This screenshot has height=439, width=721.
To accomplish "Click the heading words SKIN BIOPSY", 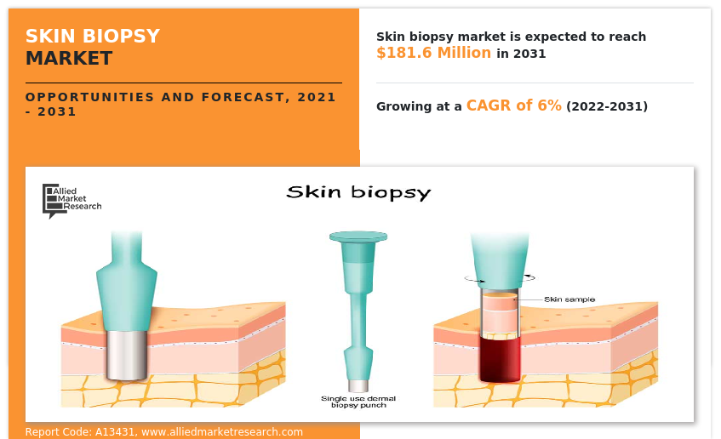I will pos(92,36).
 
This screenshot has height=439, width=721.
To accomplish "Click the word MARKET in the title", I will pos(68,59).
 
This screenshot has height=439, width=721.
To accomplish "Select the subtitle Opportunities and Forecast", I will pos(180,97).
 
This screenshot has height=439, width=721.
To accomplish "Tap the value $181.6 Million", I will pos(433,53).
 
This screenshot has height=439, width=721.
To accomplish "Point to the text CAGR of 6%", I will pos(513,105).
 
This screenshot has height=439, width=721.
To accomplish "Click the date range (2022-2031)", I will pos(607,106).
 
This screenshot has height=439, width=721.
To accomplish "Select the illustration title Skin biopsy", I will pos(358,192).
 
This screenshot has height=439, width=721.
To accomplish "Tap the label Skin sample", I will pos(569,299).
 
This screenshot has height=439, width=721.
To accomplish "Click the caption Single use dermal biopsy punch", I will pos(358,402).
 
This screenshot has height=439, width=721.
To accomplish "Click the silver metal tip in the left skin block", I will pos(126,354).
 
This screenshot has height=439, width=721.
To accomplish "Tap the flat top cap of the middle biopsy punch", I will pos(358,236).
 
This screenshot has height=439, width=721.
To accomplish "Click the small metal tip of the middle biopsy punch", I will pos(358,385).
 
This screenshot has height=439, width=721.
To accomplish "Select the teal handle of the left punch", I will pos(127,281).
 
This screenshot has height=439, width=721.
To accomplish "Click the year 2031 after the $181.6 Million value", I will pos(529,54).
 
